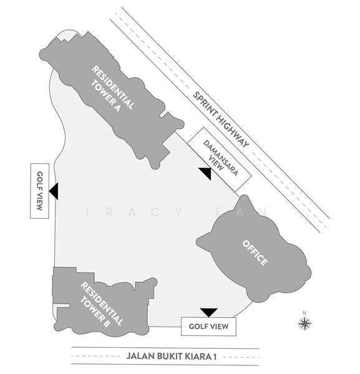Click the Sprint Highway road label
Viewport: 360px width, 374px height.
pos(221,120)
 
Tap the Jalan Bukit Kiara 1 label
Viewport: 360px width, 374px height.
pos(172,357)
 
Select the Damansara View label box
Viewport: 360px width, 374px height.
pos(220,160)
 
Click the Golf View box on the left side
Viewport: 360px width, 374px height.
pos(40,191)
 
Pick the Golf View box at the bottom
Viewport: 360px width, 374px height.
pos(208,326)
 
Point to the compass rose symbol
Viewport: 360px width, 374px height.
pos(305,324)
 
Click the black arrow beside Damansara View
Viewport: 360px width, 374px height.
pos(206,173)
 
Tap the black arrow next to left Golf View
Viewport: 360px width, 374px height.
pos(54,191)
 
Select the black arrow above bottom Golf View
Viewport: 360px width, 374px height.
pos(209,313)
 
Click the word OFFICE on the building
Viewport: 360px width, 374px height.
pos(255,253)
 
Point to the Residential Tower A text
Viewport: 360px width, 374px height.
pos(112,89)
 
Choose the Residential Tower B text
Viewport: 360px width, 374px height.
pos(101,305)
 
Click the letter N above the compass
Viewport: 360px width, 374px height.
pos(304,313)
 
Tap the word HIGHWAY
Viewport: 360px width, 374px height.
pos(231,129)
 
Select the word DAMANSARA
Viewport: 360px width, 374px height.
pos(221,158)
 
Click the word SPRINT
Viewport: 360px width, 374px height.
pos(203,103)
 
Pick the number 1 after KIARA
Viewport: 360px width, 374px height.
pos(215,357)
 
